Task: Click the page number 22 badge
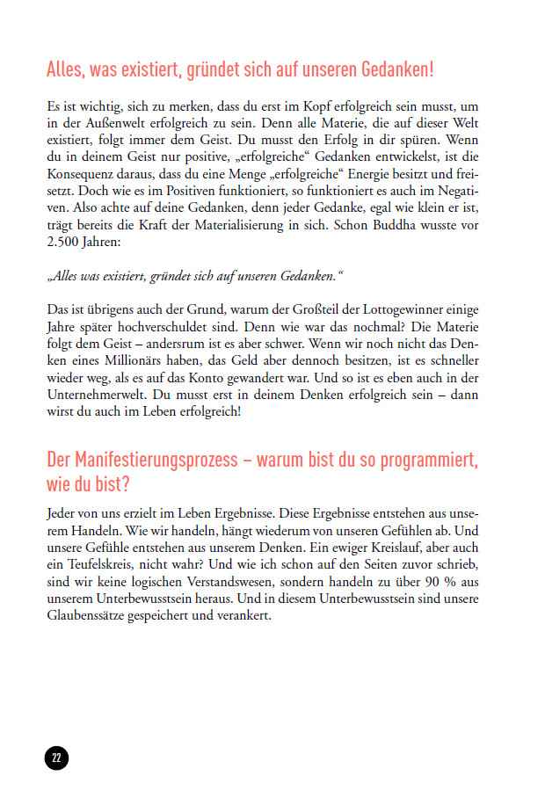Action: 56,758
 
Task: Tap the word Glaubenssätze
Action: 81,616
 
